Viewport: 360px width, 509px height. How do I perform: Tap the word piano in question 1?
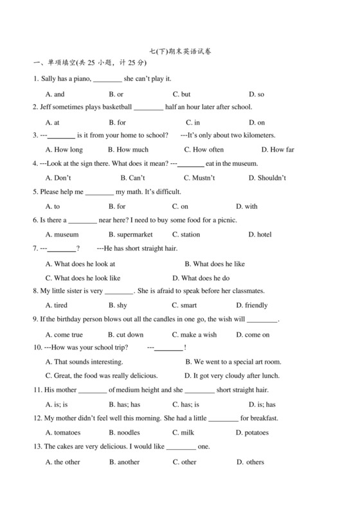pyautogui.click(x=82, y=78)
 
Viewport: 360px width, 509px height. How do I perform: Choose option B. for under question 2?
pyautogui.click(x=117, y=122)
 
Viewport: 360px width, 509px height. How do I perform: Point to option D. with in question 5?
pyautogui.click(x=247, y=206)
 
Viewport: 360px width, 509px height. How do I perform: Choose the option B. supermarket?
pyautogui.click(x=130, y=235)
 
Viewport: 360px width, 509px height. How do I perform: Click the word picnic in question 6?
pyautogui.click(x=226, y=220)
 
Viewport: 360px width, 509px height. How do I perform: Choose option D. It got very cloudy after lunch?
pyautogui.click(x=232, y=375)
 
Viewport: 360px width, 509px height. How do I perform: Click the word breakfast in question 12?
pyautogui.click(x=260, y=418)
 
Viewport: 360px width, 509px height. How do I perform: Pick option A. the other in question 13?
pyautogui.click(x=63, y=461)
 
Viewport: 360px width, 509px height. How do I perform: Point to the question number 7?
pyautogui.click(x=35, y=249)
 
